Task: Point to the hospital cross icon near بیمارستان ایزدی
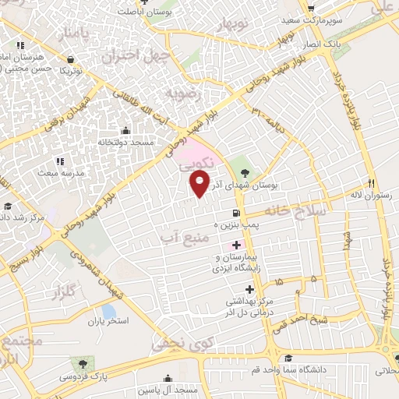coord(237,245)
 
